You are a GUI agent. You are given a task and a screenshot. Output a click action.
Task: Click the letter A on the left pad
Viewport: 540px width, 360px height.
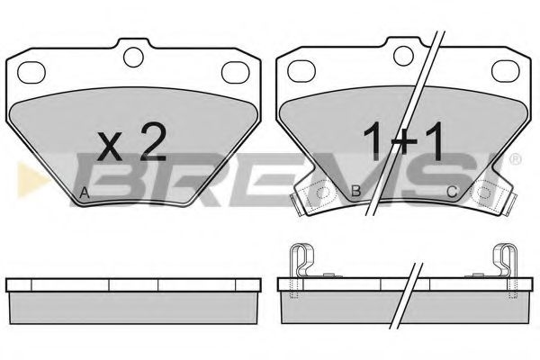point(85,193)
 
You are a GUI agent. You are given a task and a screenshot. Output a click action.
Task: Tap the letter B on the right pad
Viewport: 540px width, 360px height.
point(355,191)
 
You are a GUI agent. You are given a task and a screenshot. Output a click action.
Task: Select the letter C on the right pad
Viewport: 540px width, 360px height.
point(452,191)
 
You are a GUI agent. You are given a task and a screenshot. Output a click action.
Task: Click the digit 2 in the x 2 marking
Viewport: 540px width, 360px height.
point(153,141)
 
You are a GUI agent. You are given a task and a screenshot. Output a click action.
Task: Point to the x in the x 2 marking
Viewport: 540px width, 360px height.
point(110,147)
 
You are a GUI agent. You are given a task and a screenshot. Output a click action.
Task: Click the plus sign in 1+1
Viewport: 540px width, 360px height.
point(403,144)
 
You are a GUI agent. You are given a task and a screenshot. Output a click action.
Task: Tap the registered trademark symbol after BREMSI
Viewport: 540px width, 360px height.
point(515,159)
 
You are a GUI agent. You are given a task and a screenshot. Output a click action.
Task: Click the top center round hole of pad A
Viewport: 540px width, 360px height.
point(133,57)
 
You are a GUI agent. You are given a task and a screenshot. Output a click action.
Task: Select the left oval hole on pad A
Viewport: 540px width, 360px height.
point(31,72)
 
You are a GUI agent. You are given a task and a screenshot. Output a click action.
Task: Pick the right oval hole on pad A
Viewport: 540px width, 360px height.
point(236,72)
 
